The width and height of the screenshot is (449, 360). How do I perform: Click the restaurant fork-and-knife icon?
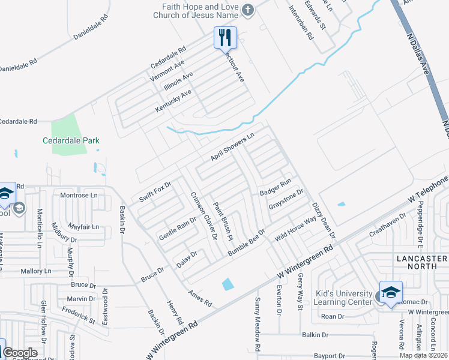pos(225,37)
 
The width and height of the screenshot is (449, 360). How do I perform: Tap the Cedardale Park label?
pos(71,141)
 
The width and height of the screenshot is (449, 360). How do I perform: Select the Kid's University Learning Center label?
pos(345,298)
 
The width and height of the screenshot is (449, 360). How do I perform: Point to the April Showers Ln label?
pos(233,147)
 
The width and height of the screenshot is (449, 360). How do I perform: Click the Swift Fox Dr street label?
pos(155,191)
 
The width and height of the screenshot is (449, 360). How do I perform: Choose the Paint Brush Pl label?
pos(223,221)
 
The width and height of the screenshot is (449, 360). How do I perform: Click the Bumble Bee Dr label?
pos(246,242)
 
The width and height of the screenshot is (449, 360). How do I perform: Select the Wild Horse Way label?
pos(295,228)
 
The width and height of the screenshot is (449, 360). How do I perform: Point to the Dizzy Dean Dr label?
pos(323,219)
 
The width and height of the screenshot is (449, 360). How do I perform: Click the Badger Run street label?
pos(275,187)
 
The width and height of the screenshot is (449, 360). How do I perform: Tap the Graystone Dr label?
pos(286,199)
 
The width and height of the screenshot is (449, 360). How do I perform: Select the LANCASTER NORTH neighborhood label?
pos(422,263)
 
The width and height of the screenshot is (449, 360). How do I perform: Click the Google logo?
pos(20,353)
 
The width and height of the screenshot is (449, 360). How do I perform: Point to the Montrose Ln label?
pos(79,196)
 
